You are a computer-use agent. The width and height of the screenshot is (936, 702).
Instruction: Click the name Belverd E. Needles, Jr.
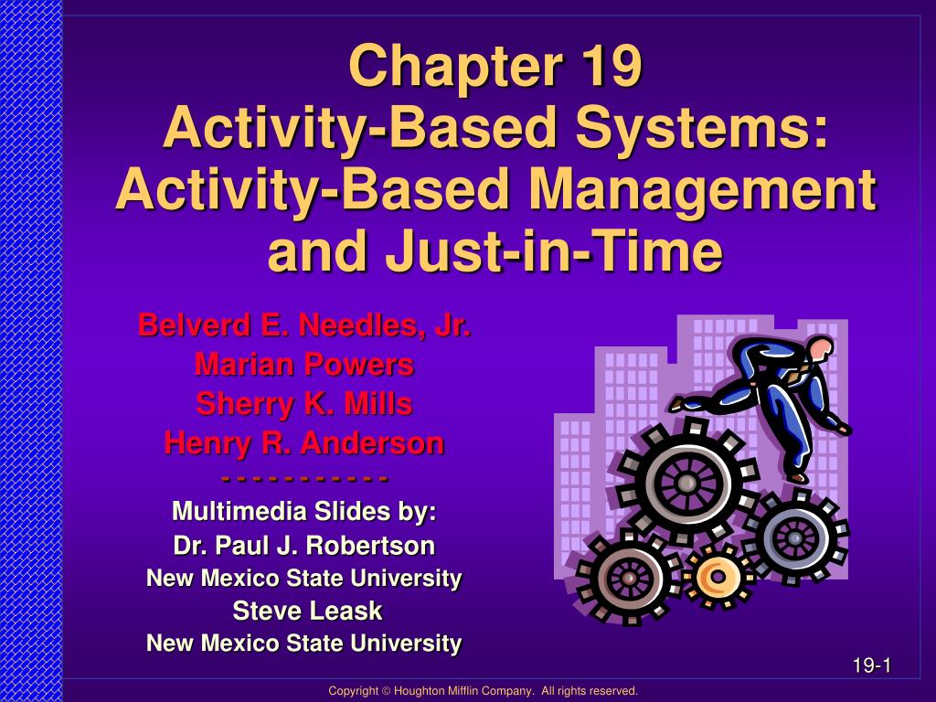304,325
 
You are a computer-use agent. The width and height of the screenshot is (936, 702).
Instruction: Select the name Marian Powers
304,365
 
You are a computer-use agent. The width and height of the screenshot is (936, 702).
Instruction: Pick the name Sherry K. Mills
304,404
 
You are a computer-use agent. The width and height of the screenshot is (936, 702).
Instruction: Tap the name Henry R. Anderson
304,444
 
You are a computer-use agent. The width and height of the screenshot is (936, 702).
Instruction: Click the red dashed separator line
304,478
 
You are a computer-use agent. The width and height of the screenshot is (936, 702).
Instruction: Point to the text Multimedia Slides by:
304,511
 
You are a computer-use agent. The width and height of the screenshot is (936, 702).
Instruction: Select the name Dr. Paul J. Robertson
304,547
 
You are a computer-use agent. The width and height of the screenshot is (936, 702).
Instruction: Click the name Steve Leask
304,611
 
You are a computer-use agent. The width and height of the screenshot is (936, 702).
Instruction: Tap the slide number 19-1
871,665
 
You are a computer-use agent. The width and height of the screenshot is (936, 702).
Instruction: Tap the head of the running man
821,347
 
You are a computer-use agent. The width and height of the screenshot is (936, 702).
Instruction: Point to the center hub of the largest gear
685,481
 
